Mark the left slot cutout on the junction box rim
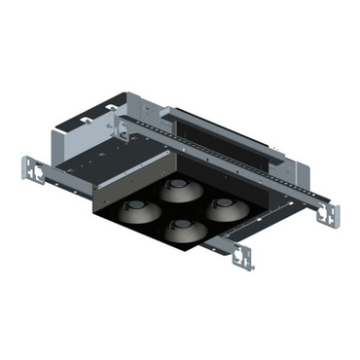point(88,121)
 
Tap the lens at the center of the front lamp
point(181,225)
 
